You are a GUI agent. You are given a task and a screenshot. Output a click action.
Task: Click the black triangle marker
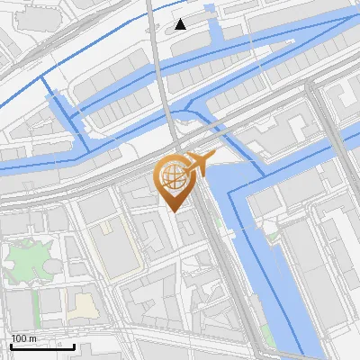181,23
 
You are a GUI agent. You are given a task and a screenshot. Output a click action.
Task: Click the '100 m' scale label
23,338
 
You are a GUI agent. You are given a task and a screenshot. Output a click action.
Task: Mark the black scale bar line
41,346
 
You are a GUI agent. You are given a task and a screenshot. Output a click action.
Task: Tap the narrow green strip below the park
37,307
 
